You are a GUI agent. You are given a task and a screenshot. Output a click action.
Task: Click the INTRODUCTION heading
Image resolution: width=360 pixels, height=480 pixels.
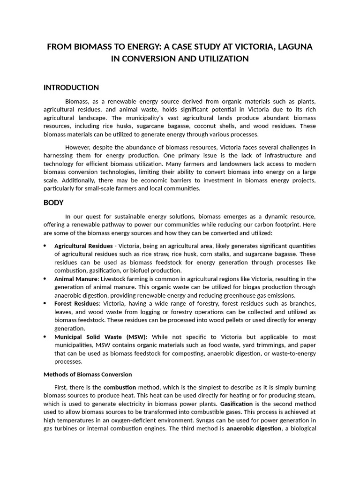pyautogui.click(x=71, y=88)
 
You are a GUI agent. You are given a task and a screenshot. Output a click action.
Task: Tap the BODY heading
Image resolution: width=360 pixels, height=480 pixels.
pyautogui.click(x=53, y=202)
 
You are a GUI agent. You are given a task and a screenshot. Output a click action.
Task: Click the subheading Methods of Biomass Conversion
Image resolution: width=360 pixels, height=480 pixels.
pyautogui.click(x=88, y=375)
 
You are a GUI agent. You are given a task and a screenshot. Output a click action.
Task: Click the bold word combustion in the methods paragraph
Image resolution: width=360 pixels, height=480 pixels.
pyautogui.click(x=120, y=388)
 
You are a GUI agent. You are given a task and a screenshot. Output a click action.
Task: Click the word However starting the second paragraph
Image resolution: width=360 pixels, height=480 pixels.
pyautogui.click(x=79, y=147)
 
